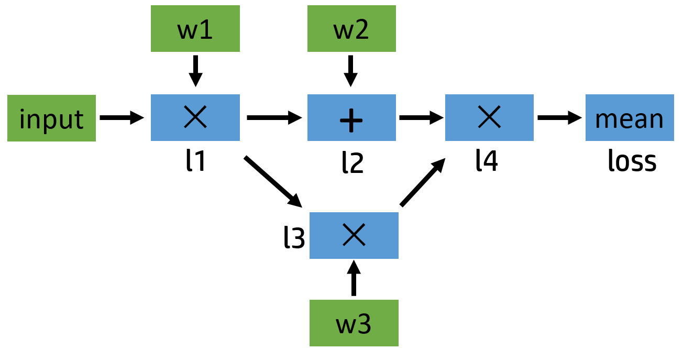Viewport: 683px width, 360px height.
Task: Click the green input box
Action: (x=51, y=118)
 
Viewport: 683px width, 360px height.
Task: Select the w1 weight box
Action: (x=195, y=29)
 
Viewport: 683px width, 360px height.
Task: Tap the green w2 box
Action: (x=351, y=29)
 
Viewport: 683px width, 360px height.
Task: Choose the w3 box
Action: (x=354, y=323)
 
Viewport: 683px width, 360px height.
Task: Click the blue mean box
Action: (x=630, y=118)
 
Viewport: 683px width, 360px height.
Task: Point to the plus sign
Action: (x=351, y=121)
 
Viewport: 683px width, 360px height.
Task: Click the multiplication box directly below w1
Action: (x=195, y=118)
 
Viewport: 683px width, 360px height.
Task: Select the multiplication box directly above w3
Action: (x=354, y=235)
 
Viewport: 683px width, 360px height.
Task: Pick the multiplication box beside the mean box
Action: (x=489, y=118)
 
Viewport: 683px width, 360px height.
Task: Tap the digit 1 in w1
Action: (x=206, y=30)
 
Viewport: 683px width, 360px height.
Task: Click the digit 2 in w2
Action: (x=362, y=30)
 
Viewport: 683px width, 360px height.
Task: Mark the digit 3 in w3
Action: (x=364, y=324)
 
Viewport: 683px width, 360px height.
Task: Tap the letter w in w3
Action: (x=346, y=326)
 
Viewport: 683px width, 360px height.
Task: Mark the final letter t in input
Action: (x=79, y=120)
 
